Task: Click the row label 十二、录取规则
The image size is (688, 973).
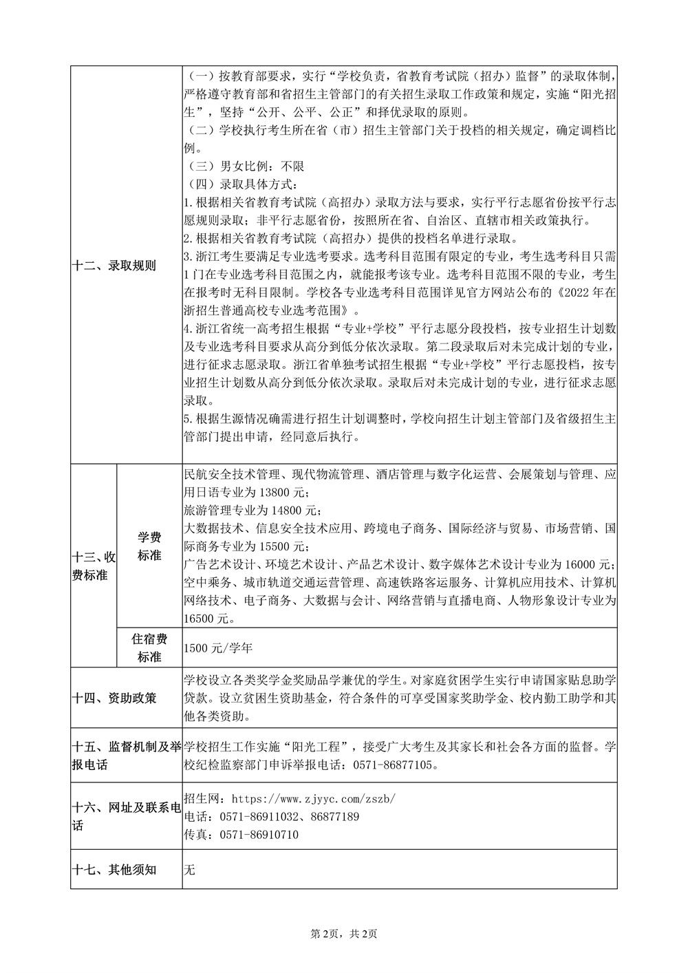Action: point(114,266)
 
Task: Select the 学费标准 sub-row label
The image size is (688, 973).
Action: point(149,546)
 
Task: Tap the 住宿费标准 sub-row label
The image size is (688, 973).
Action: point(149,648)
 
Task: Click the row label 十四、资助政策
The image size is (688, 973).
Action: point(114,698)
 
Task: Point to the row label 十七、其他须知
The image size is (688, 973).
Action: point(114,870)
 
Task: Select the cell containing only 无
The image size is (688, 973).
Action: point(191,870)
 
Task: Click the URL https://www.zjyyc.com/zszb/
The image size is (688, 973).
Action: point(314,800)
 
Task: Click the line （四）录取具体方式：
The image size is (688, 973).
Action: point(243,184)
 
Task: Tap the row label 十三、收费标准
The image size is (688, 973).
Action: point(93,565)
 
